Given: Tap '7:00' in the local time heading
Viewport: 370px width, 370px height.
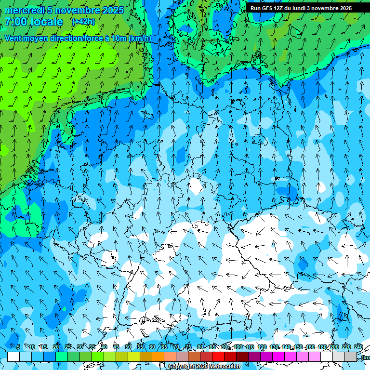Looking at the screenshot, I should point(16,22).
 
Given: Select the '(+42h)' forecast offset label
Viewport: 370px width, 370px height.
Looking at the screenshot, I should point(83,22).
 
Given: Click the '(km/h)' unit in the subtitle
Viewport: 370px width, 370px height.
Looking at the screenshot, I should point(140,39).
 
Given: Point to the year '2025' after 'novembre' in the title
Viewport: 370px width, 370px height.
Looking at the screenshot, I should point(112,10).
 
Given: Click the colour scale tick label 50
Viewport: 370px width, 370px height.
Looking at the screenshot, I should point(128,347).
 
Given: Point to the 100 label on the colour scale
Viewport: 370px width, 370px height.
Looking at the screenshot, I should point(238,347).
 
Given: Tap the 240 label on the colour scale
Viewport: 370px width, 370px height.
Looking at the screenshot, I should point(358,347).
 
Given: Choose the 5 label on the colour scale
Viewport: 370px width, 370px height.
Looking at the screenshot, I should point(18,347).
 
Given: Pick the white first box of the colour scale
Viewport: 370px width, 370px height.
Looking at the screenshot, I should point(13,357).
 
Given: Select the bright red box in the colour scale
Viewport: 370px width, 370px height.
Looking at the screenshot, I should point(218,357).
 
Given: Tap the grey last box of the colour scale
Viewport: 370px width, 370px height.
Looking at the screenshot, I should point(351,357).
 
